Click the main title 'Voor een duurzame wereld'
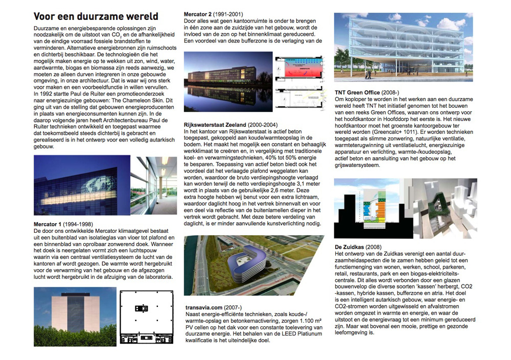pos(96,16)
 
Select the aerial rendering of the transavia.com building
pos(253,266)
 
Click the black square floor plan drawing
pos(145,316)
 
